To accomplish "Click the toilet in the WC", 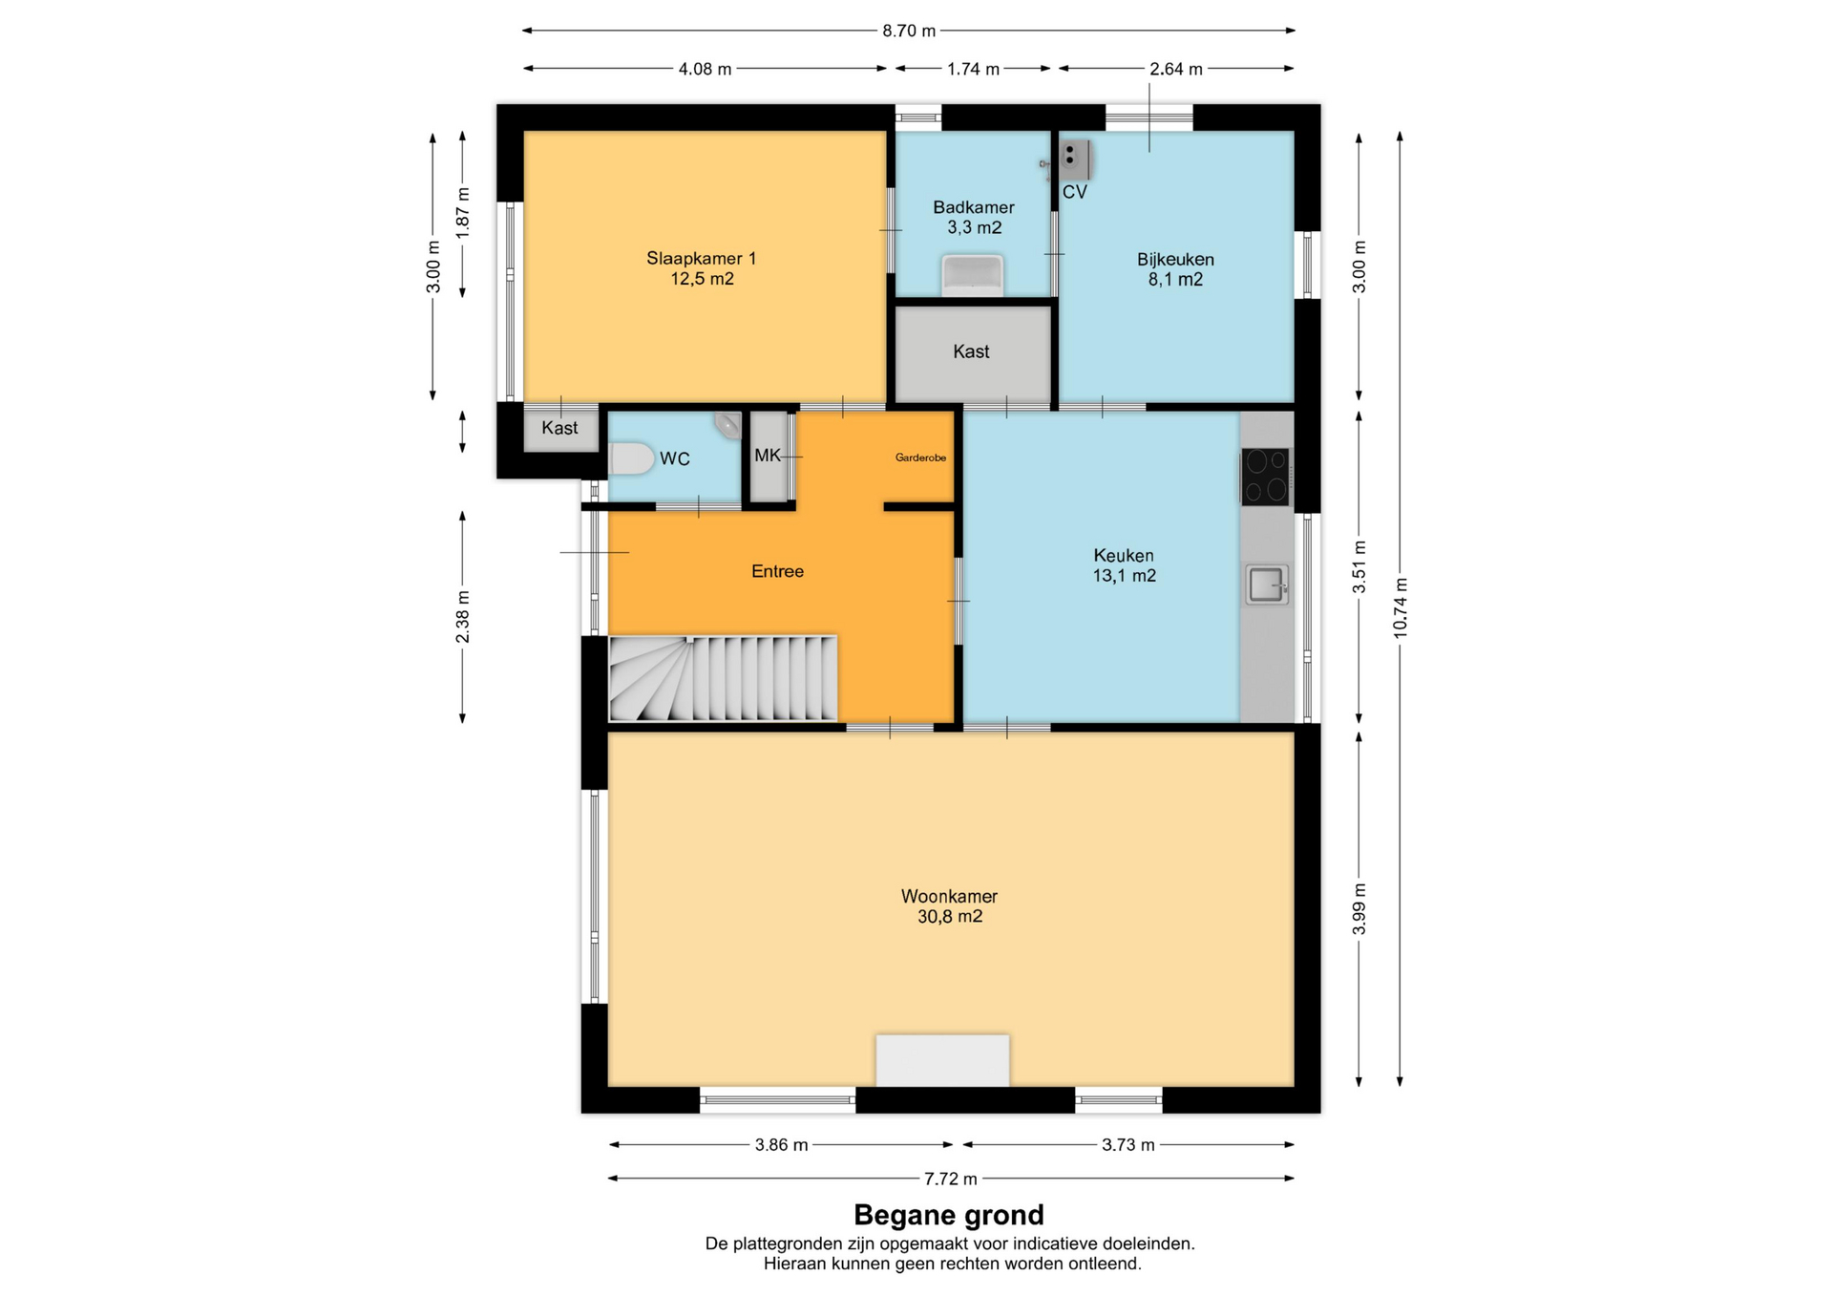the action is pyautogui.click(x=630, y=458).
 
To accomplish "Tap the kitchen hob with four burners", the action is pyautogui.click(x=1265, y=477).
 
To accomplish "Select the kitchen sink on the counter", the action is pyautogui.click(x=1267, y=585).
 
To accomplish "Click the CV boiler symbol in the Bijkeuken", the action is pyautogui.click(x=1075, y=159).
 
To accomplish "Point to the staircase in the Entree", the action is pyautogui.click(x=723, y=678).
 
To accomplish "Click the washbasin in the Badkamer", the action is pyautogui.click(x=972, y=275).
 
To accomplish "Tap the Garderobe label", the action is pyautogui.click(x=920, y=457).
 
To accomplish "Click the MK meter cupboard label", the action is pyautogui.click(x=768, y=456).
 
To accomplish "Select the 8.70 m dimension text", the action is pyautogui.click(x=909, y=31).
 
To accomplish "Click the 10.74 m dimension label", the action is pyautogui.click(x=1400, y=608).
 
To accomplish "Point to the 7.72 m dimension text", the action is pyautogui.click(x=950, y=1179).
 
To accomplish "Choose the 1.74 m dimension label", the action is pyautogui.click(x=973, y=69).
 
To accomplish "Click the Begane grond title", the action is pyautogui.click(x=949, y=1215).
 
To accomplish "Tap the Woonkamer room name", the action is pyautogui.click(x=949, y=896).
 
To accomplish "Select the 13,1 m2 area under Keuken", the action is pyautogui.click(x=1125, y=576).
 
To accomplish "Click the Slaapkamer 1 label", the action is pyautogui.click(x=702, y=258).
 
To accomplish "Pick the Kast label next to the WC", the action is pyautogui.click(x=559, y=428).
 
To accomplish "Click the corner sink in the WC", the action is pyautogui.click(x=729, y=424).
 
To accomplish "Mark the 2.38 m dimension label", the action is pyautogui.click(x=462, y=616).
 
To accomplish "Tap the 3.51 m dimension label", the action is pyautogui.click(x=1359, y=567).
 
